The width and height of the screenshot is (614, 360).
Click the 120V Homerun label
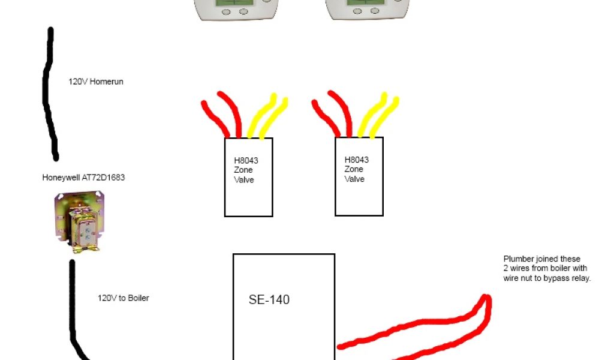pos(96,82)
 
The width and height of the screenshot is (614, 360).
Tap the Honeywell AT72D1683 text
pos(83,178)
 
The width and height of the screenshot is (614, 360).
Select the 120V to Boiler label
pos(123,298)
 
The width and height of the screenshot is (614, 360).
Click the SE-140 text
pos(269,299)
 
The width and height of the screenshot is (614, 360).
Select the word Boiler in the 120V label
pos(137,298)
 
